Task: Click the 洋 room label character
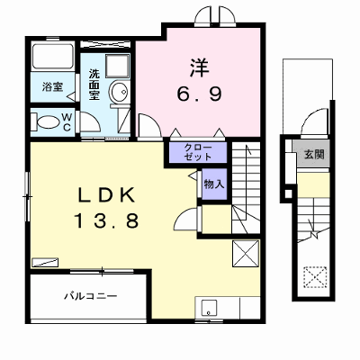(x=199, y=67)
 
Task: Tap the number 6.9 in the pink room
(x=199, y=94)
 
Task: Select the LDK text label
(x=106, y=195)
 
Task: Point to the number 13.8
(x=106, y=220)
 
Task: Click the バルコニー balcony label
(x=91, y=296)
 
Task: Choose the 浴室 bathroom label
(x=52, y=87)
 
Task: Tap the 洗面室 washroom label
(x=94, y=85)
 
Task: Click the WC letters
(x=67, y=121)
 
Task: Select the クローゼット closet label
(x=198, y=152)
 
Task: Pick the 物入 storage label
(x=214, y=184)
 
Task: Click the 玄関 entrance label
(x=314, y=155)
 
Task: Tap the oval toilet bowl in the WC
(x=48, y=122)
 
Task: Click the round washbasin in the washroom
(x=119, y=91)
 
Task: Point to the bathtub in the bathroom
(x=53, y=57)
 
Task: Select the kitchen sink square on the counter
(x=209, y=309)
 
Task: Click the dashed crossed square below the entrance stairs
(x=315, y=277)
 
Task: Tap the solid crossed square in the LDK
(x=246, y=254)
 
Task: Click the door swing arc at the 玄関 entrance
(x=312, y=119)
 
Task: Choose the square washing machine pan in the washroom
(x=118, y=66)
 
